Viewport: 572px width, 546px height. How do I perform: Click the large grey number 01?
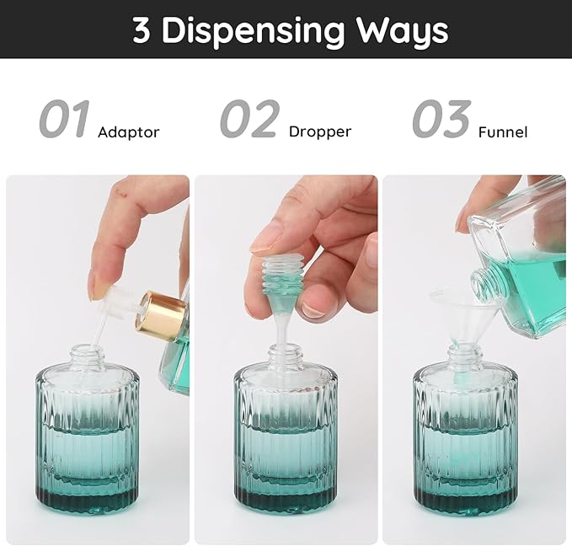pyautogui.click(x=64, y=120)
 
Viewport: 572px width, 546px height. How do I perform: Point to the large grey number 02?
pyautogui.click(x=249, y=120)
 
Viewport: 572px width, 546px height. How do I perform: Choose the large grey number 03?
pyautogui.click(x=441, y=120)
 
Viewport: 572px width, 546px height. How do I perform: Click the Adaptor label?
pyautogui.click(x=128, y=132)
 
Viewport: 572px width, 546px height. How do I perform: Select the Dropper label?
pyautogui.click(x=319, y=132)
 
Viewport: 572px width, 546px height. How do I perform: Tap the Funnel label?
pyautogui.click(x=502, y=132)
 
